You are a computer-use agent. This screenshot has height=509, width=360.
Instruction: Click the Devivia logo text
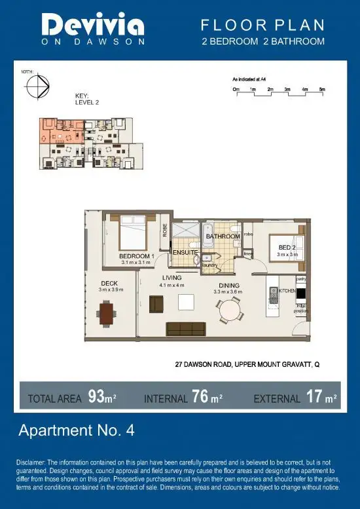click(93, 27)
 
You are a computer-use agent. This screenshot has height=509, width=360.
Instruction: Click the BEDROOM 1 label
click(136, 255)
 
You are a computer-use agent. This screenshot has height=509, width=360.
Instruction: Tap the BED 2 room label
click(287, 247)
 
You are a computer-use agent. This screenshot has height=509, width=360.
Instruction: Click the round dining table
click(230, 309)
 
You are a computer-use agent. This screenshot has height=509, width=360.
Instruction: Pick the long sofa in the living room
click(187, 328)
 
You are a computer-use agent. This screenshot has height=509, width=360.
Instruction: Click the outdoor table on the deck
click(107, 312)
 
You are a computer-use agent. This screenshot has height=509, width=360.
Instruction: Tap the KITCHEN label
click(289, 290)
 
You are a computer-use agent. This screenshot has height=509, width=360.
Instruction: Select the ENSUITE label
click(185, 252)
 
